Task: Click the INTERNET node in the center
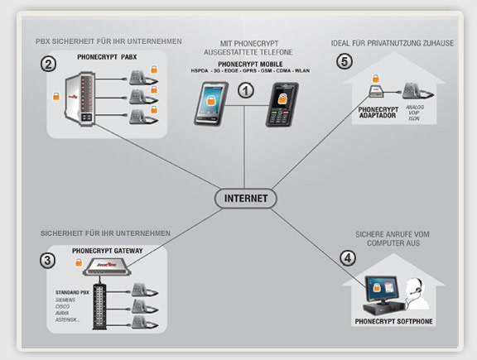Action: click(x=246, y=199)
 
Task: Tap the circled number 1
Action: click(x=245, y=92)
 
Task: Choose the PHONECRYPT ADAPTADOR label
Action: click(x=378, y=113)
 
